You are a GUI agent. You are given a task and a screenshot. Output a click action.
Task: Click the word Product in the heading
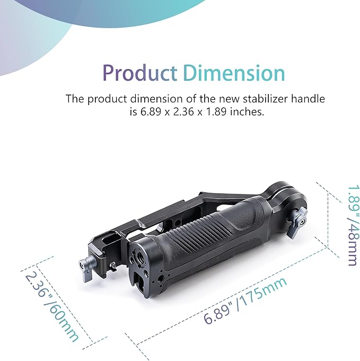140,73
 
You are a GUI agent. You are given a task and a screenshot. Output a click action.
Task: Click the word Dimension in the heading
234,73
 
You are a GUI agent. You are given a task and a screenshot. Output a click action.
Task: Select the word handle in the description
308,99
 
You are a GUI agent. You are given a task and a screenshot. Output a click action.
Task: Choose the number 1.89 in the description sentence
216,112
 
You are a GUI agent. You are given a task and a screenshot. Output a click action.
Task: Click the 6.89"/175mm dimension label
245,300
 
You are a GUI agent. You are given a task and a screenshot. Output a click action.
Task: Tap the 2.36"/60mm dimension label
51,307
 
